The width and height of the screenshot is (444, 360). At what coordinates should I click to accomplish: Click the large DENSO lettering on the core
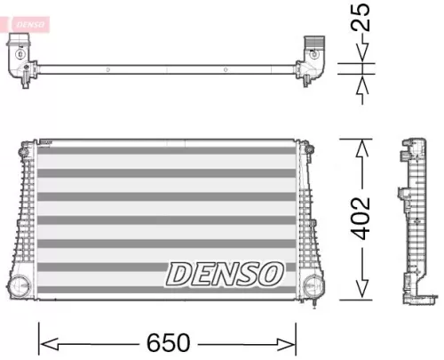[x=226, y=274]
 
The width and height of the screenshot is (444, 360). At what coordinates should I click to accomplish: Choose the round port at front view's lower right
[x=312, y=286]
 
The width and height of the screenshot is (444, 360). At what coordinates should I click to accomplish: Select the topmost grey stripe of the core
[x=167, y=150]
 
